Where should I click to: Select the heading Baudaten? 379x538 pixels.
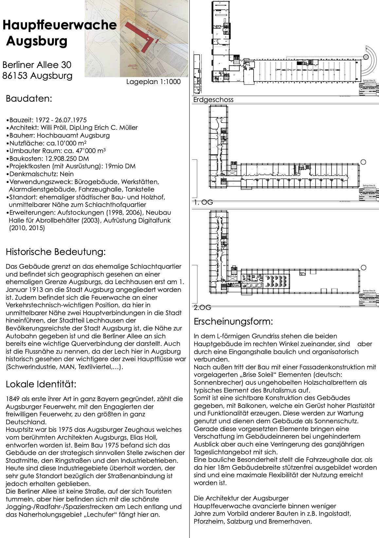click(x=29, y=99)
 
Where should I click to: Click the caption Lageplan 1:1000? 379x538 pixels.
click(x=153, y=82)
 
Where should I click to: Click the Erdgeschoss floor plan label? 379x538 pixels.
click(x=213, y=100)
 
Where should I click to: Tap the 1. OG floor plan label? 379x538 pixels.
click(x=203, y=202)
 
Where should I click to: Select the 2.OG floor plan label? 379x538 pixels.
click(x=202, y=307)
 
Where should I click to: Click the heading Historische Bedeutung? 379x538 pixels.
click(x=56, y=252)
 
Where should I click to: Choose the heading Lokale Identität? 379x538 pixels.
click(x=41, y=384)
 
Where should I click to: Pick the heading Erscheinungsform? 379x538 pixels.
click(x=233, y=321)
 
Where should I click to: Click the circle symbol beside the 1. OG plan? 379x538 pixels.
click(x=364, y=162)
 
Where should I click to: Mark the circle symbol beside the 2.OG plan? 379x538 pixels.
click(x=364, y=267)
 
